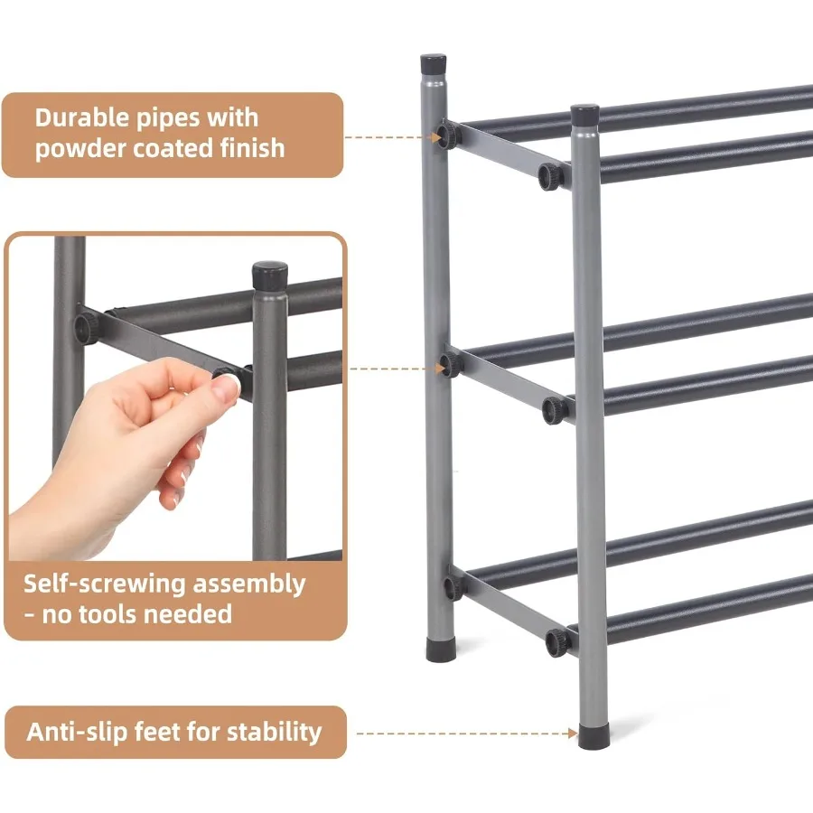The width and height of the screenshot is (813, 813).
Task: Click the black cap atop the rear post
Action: (434, 64)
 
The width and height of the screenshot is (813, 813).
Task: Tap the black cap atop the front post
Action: (585, 115)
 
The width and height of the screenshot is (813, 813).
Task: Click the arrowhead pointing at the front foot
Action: (572, 734)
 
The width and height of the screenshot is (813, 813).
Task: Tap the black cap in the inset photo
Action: (269, 275)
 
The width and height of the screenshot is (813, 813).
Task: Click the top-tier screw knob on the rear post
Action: (447, 136)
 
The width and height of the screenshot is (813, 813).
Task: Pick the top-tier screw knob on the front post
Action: (551, 177)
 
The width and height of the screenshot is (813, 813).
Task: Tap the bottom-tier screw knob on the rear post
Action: (452, 585)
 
